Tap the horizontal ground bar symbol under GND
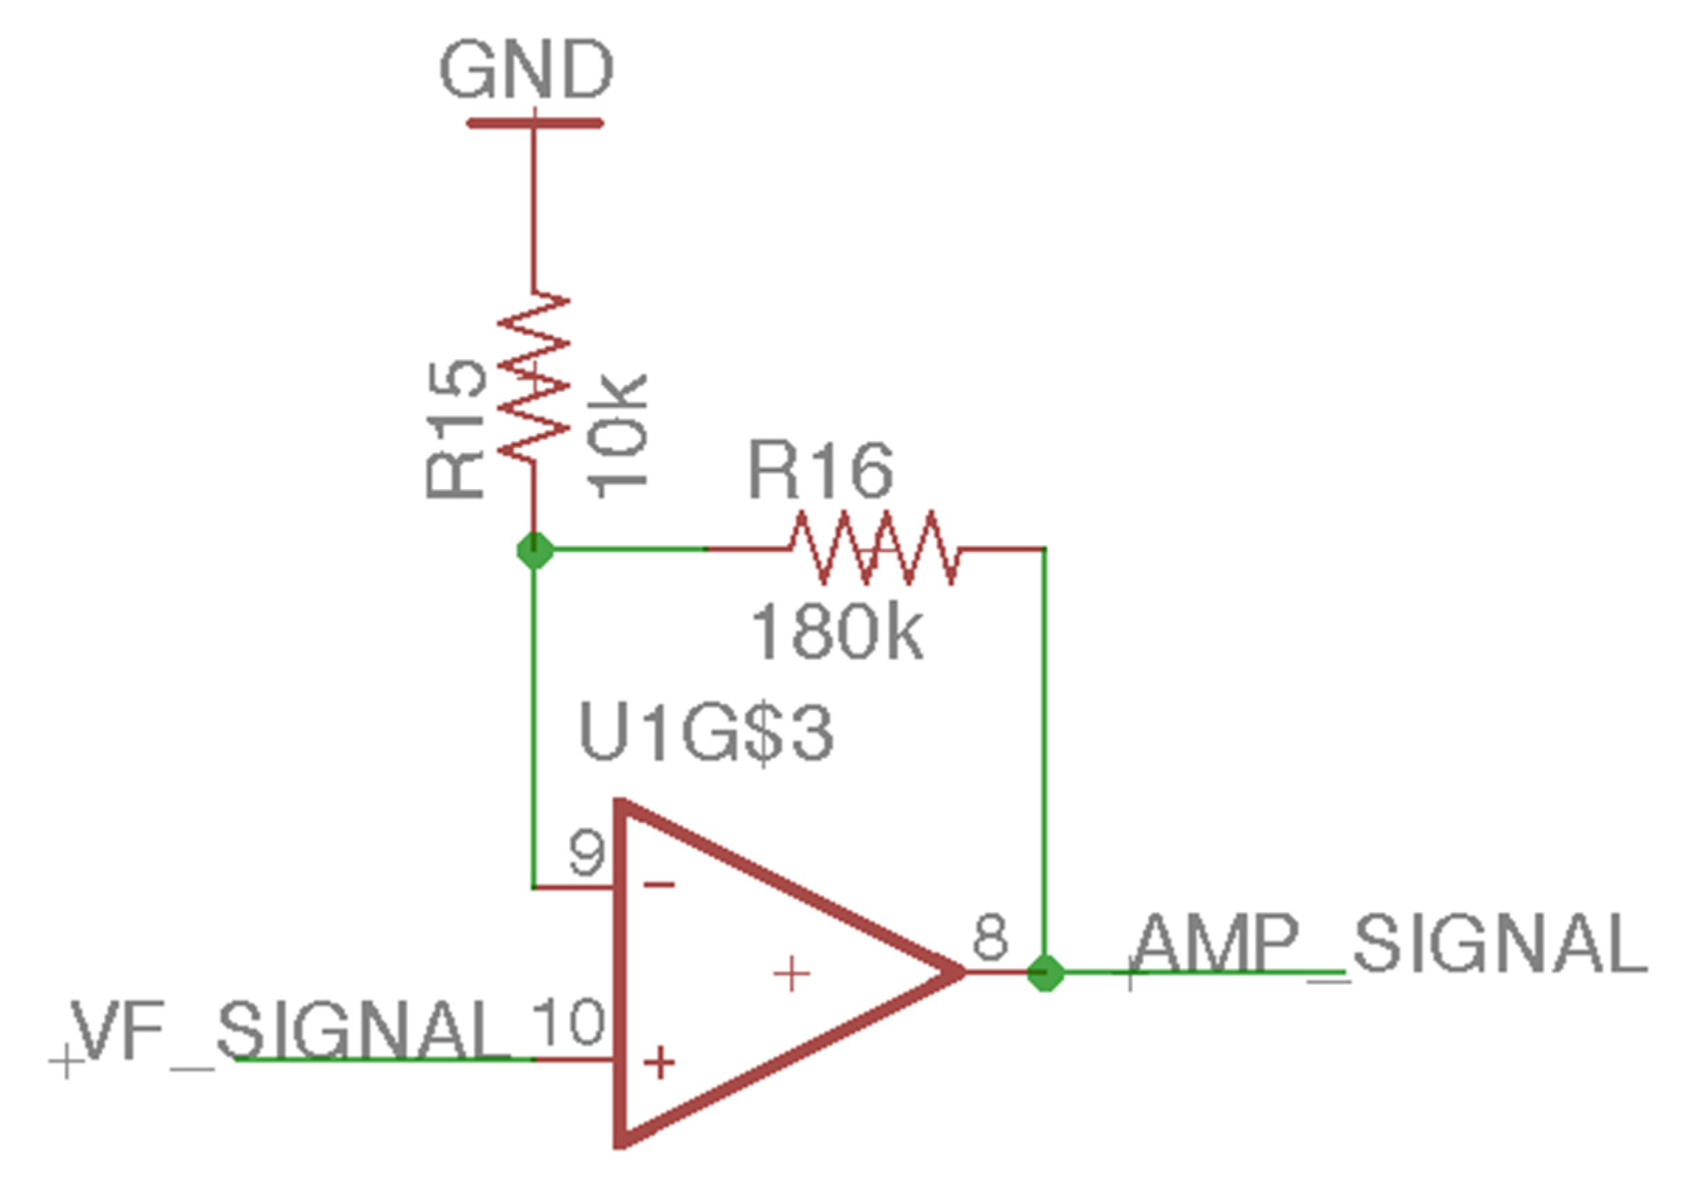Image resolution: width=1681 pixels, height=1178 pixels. pyautogui.click(x=535, y=123)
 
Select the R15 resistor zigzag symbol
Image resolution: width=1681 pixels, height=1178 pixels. pyautogui.click(x=533, y=377)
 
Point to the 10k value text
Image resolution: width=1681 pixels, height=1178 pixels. pyautogui.click(x=617, y=437)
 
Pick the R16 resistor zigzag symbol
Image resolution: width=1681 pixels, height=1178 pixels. pyautogui.click(x=873, y=548)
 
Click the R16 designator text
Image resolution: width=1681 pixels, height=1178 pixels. pyautogui.click(x=820, y=470)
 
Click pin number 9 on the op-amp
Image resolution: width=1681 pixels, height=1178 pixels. pyautogui.click(x=587, y=853)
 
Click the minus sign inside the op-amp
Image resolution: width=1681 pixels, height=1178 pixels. pyautogui.click(x=659, y=885)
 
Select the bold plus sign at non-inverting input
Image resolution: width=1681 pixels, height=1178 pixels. pyautogui.click(x=659, y=1063)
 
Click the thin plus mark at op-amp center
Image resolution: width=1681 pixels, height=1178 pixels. pyautogui.click(x=791, y=973)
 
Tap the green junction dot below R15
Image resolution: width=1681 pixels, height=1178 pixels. pyautogui.click(x=535, y=551)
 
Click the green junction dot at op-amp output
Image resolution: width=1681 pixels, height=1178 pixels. pyautogui.click(x=1045, y=973)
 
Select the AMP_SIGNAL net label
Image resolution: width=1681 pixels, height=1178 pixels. pyautogui.click(x=1388, y=945)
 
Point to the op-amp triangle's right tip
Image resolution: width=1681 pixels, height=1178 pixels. pyautogui.click(x=961, y=972)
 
